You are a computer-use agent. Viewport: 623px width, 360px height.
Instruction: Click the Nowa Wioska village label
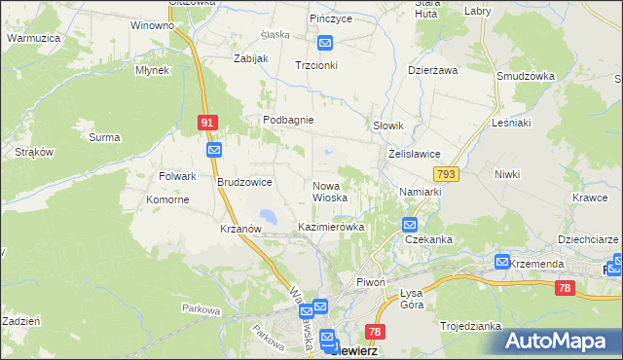[330, 191]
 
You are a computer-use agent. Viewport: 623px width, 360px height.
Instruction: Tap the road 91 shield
[206, 123]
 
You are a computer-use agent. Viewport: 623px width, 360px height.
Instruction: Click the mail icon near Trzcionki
[325, 44]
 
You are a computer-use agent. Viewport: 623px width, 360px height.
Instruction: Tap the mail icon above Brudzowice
[214, 150]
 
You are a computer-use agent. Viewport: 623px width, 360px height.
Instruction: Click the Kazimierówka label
[330, 227]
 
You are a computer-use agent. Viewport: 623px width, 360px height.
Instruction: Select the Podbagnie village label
[287, 120]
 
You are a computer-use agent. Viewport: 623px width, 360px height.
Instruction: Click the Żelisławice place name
[415, 154]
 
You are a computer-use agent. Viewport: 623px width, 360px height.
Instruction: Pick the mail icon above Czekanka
[411, 225]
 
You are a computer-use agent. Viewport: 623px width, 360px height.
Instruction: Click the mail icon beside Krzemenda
[502, 262]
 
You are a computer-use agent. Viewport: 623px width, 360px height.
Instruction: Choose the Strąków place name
[34, 152]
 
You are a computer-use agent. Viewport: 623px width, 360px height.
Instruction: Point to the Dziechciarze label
[588, 238]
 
